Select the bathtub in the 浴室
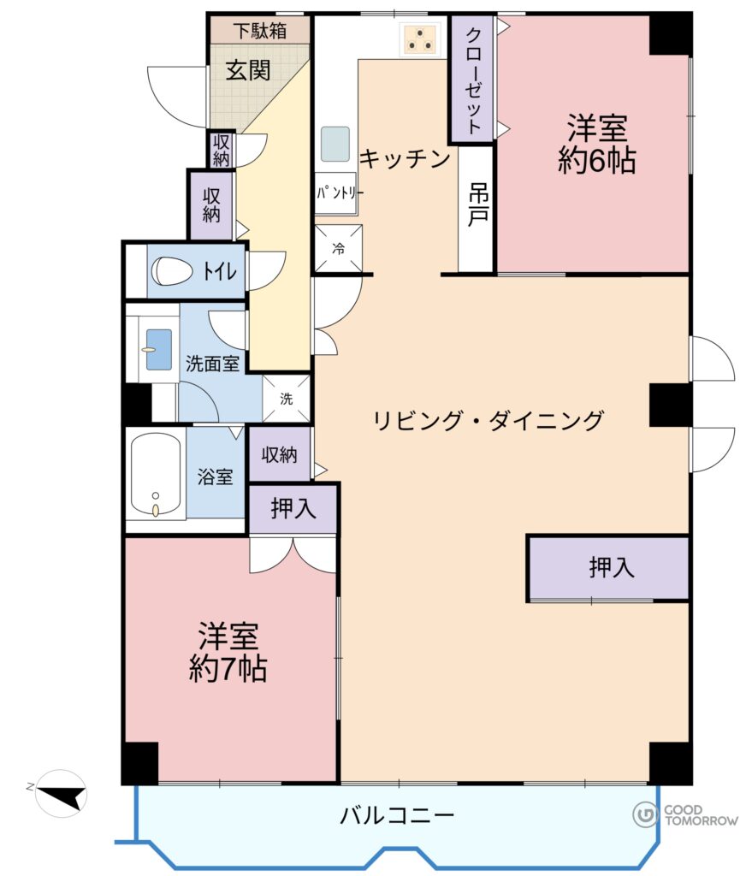[156, 476]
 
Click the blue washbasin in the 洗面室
[159, 349]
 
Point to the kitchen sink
[335, 144]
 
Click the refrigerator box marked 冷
[339, 249]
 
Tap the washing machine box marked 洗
[286, 399]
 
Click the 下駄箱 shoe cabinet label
[260, 30]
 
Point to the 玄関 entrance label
[248, 70]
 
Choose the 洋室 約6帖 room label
[597, 144]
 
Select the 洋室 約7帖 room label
[228, 652]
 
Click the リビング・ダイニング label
[488, 420]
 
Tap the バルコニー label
[397, 816]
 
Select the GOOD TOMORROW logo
[685, 815]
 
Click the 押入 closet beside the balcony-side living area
[608, 568]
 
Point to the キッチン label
[406, 158]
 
